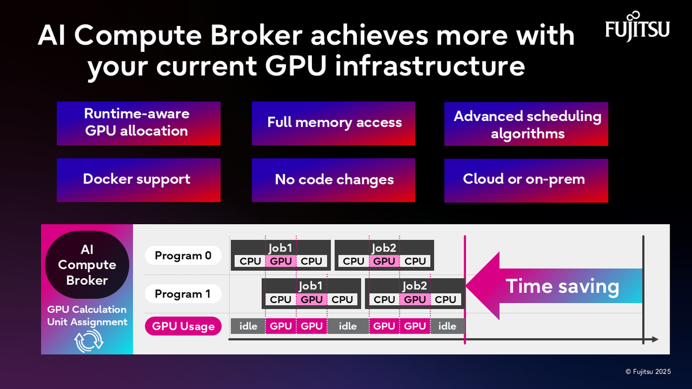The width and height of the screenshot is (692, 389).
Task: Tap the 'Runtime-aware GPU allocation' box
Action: pos(138,123)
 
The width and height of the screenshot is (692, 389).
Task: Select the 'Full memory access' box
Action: pos(334,123)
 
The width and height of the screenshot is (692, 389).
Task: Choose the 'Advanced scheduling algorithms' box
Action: pos(526,124)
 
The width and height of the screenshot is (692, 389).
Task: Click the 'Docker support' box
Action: pos(138,179)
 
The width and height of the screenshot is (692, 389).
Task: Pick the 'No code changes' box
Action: pos(334,180)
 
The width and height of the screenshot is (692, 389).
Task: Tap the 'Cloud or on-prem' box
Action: pos(526,180)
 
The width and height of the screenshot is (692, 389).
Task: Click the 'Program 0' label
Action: pos(183,255)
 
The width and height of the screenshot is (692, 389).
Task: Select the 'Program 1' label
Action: pos(183,294)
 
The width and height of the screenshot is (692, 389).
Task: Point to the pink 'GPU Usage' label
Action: pos(183,327)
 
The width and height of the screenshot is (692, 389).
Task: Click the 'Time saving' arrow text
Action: pos(562,286)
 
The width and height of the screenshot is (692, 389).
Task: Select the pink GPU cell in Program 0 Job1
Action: pos(281,261)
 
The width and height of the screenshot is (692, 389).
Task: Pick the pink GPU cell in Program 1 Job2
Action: pos(415,300)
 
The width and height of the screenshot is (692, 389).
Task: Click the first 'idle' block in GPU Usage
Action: pos(248,326)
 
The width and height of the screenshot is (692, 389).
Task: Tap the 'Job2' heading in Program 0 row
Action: pos(384,248)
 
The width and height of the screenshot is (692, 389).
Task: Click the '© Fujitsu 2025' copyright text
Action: pos(648,372)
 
